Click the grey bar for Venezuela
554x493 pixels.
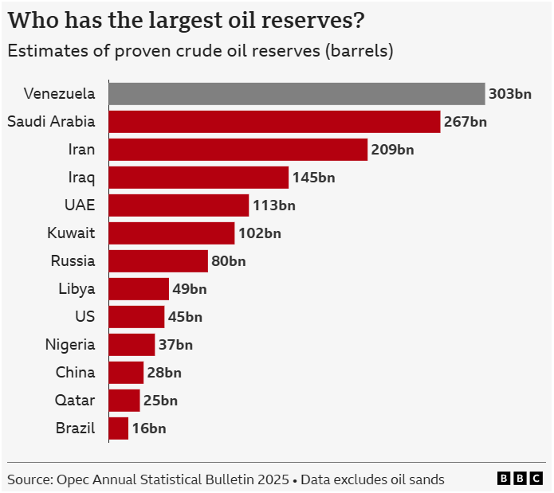pyautogui.click(x=297, y=94)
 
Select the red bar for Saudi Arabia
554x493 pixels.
pyautogui.click(x=274, y=122)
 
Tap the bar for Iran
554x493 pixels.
pyautogui.click(x=238, y=150)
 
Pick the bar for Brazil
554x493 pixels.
pyautogui.click(x=118, y=428)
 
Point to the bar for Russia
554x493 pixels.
pyautogui.click(x=158, y=261)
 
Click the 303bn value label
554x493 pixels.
pyautogui.click(x=510, y=94)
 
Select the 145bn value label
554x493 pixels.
pyautogui.click(x=313, y=178)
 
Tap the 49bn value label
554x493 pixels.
pyautogui.click(x=190, y=289)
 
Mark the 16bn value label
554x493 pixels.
pyautogui.click(x=149, y=428)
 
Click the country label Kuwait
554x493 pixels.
pyautogui.click(x=72, y=233)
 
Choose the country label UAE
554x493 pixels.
pyautogui.click(x=80, y=205)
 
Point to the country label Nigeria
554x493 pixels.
pyautogui.click(x=70, y=344)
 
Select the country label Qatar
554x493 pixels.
pyautogui.click(x=76, y=400)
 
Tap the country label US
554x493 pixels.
pyautogui.click(x=85, y=316)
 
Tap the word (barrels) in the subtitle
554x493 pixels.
pyautogui.click(x=358, y=51)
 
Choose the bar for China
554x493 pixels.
pyautogui.click(x=126, y=373)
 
